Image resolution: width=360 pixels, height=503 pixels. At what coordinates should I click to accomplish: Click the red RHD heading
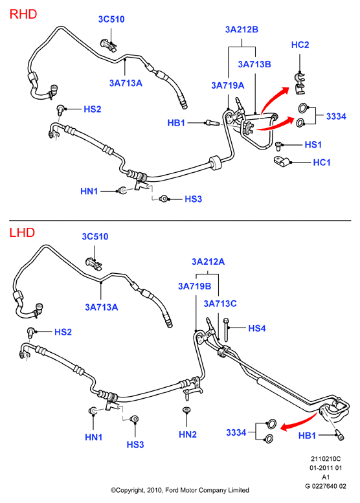coord(23,14)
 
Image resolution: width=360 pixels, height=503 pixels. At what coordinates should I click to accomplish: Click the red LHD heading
coord(22,232)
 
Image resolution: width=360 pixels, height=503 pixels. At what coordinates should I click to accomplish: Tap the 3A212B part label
coord(242,30)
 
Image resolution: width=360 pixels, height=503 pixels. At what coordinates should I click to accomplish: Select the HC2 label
coord(300,45)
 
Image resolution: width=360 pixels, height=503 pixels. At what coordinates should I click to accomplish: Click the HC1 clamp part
coord(282,161)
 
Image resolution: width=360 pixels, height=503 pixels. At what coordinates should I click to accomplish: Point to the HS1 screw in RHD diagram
coord(279,146)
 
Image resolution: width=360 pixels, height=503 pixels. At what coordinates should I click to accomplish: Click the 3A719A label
coord(227,85)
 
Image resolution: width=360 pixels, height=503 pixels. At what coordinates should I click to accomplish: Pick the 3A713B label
coord(254,65)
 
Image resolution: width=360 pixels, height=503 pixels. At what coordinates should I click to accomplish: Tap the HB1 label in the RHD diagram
coord(176,123)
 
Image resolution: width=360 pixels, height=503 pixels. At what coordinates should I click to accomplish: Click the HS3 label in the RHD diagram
coord(193,199)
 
